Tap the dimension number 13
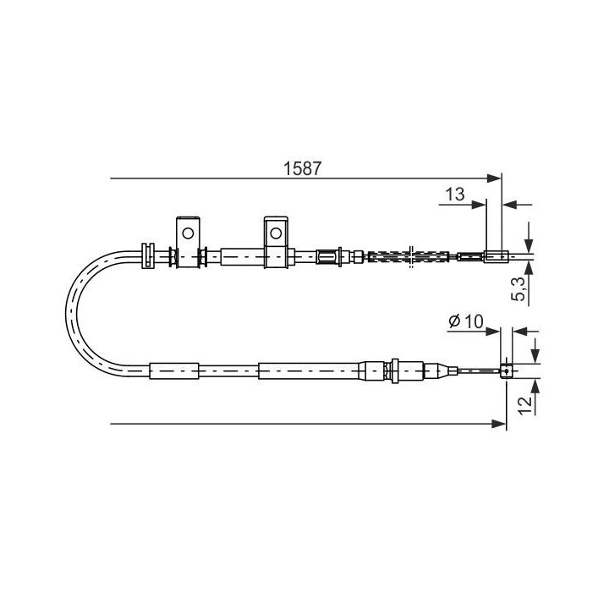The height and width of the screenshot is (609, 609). tap(455, 194)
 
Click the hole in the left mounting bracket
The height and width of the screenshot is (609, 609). tap(189, 231)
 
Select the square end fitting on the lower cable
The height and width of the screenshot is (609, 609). tap(507, 370)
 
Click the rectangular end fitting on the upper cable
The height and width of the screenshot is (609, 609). tap(495, 255)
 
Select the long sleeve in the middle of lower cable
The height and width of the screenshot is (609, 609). tap(309, 370)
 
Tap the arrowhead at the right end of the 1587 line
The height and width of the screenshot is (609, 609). tap(497, 178)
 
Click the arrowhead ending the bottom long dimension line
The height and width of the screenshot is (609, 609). tap(500, 422)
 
